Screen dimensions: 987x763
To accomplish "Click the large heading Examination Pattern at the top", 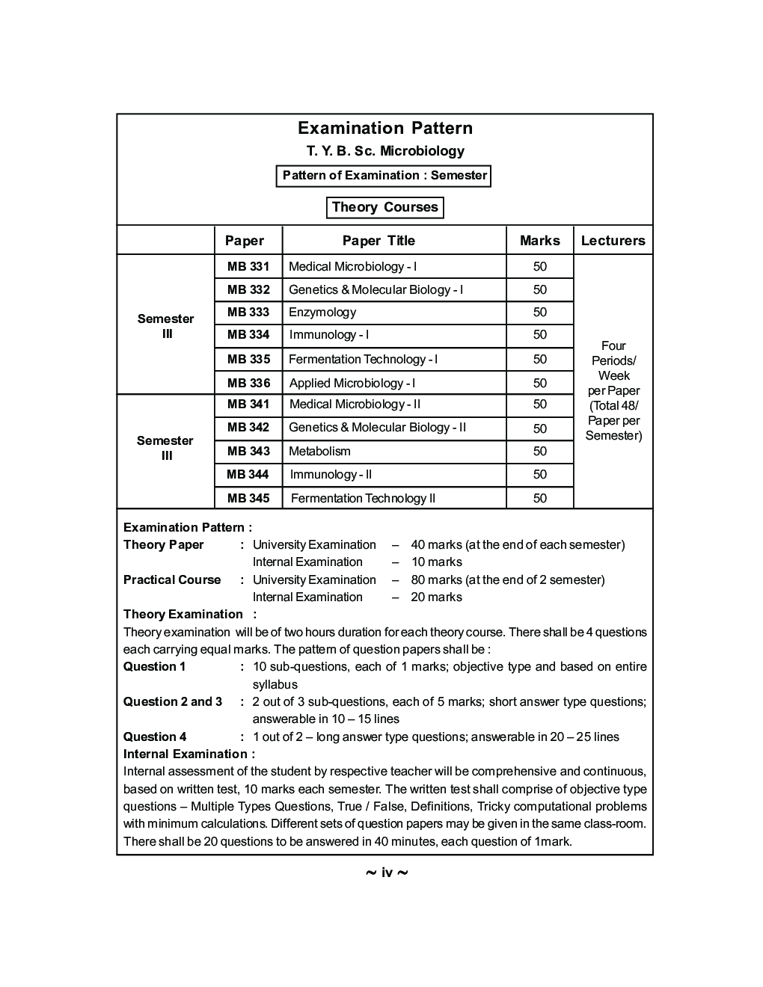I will (x=384, y=128).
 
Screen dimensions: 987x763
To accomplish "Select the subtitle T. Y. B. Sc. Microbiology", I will (x=384, y=151).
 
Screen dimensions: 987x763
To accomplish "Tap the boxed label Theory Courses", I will (x=384, y=207).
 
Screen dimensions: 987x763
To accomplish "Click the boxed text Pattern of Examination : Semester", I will (x=384, y=176).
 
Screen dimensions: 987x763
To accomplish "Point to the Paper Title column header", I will (x=379, y=241).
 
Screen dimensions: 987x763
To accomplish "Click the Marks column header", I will (x=539, y=241).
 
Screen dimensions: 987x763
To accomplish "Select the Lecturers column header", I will (x=613, y=241).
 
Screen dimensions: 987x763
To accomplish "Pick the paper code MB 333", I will (x=248, y=313).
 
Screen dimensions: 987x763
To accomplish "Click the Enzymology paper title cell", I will (x=322, y=313).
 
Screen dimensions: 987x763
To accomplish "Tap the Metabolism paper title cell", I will (x=319, y=452).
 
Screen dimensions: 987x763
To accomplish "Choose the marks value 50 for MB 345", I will (x=539, y=499).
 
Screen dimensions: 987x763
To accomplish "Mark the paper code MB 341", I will (x=248, y=405).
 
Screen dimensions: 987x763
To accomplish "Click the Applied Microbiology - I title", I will (x=352, y=384).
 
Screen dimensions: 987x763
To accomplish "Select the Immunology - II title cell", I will (x=331, y=475).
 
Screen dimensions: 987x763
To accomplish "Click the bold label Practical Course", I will (x=172, y=580).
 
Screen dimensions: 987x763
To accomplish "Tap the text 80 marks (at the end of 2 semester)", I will (x=508, y=580).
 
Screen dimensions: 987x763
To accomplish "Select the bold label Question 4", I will (x=155, y=737).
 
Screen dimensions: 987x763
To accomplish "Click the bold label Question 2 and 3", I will (x=173, y=702).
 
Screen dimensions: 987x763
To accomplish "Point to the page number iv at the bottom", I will (x=387, y=873).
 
